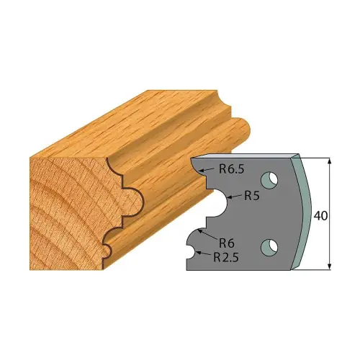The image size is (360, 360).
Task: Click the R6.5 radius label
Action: pyautogui.click(x=232, y=169)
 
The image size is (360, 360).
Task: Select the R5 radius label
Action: pyautogui.click(x=252, y=196)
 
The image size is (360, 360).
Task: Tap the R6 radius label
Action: pyautogui.click(x=227, y=243)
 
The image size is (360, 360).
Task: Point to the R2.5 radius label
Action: pyautogui.click(x=226, y=258)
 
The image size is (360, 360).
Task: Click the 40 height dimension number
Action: pyautogui.click(x=320, y=216)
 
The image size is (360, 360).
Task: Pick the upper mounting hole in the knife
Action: pyautogui.click(x=269, y=179)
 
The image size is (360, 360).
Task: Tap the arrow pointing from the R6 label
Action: pyautogui.click(x=208, y=234)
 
